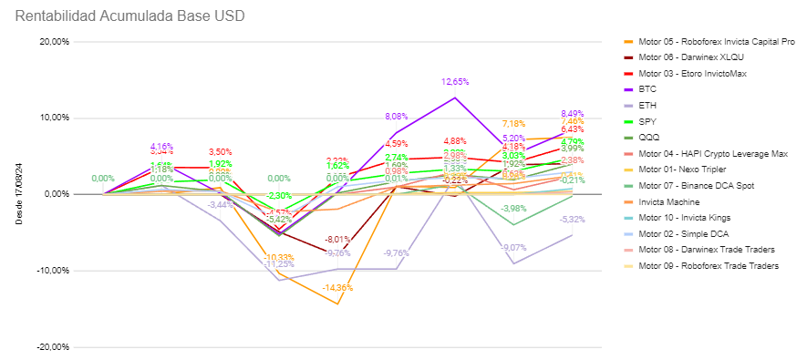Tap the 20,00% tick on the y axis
(56, 41)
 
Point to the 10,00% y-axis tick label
(56, 118)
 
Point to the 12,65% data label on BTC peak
(455, 82)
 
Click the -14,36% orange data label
(337, 288)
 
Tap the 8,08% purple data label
(397, 117)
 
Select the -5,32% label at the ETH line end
(572, 220)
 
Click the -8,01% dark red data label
(337, 240)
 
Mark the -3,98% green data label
(513, 209)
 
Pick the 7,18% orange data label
(513, 124)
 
